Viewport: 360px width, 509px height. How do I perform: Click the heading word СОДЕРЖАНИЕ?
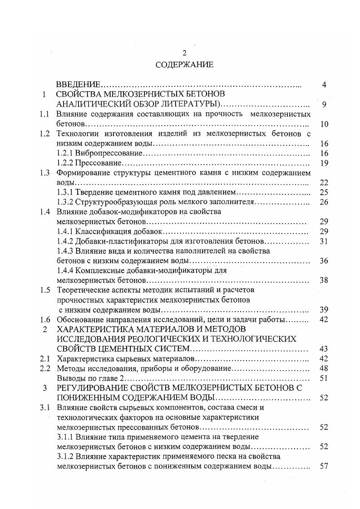pos(184,64)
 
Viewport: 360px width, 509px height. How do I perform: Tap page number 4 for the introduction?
pos(324,85)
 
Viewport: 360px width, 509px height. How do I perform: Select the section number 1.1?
pos(44,114)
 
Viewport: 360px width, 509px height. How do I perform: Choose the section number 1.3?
pos(44,173)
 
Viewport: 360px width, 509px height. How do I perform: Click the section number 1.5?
pos(44,290)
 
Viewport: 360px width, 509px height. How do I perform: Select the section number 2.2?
pos(44,368)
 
